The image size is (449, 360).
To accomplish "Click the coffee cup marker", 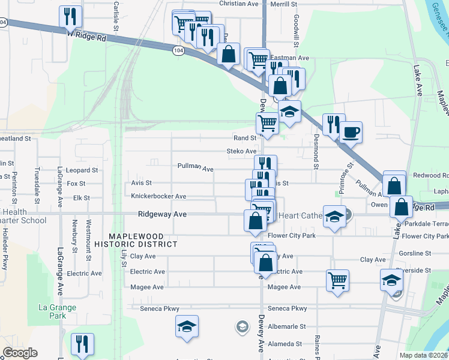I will coord(351,132).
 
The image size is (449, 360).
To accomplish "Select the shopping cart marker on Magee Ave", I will coord(338,280).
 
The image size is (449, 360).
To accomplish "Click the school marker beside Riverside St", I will coord(391,280).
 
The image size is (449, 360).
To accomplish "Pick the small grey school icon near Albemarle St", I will coord(241,326).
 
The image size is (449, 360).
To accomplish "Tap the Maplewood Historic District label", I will coord(136,239).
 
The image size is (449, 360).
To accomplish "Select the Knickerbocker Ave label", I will coord(158,196).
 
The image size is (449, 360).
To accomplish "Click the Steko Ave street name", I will coord(241,151).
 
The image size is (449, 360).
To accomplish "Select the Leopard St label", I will coord(82,170).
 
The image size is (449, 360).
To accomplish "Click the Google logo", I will coord(20,353).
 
